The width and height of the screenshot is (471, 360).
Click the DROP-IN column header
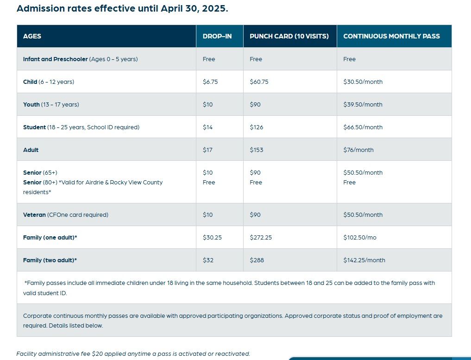pos(217,36)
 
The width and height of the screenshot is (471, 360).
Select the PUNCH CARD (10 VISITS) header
pos(289,36)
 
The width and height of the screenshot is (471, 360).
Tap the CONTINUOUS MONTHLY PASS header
pos(391,36)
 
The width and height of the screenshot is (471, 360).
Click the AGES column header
pos(32,36)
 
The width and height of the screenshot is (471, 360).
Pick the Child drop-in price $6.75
pos(210,82)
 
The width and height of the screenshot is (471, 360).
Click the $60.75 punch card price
pos(259,82)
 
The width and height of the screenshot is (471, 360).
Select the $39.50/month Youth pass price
pos(363,105)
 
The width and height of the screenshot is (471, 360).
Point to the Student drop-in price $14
pos(207,127)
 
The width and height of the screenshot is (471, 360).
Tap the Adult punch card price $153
pos(256,150)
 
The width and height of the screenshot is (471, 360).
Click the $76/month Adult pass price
pos(358,150)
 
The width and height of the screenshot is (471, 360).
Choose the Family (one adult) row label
pos(50,238)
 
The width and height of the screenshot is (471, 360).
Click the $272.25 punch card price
pos(261,238)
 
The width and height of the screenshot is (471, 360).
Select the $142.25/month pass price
pos(364,260)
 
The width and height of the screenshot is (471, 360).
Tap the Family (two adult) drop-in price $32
pos(208,260)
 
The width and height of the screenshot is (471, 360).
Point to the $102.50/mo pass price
pos(359,238)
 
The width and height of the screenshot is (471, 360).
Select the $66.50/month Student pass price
pos(363,127)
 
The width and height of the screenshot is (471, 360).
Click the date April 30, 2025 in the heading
pos(195,9)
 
